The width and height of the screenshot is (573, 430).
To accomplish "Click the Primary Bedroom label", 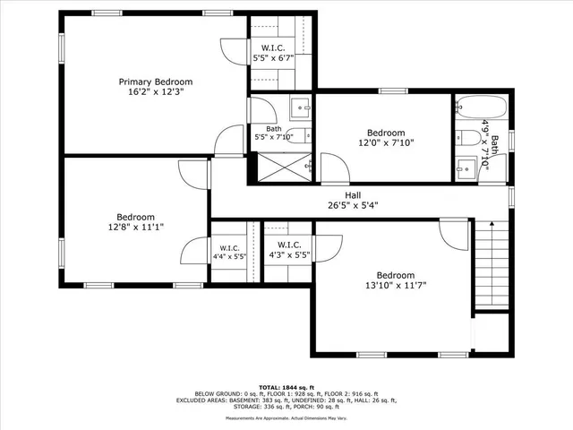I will tap(156, 82).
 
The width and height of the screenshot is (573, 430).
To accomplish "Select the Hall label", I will tap(354, 195).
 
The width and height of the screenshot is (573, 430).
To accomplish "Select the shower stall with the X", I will tap(285, 167).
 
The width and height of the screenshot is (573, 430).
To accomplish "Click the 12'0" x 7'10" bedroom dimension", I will tap(386, 142).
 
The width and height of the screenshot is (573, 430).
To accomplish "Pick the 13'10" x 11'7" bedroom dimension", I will tap(395, 287).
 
